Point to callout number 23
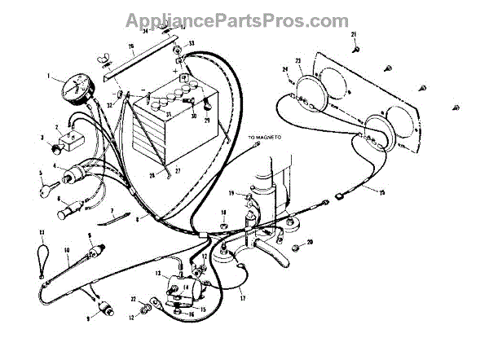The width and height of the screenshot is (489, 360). click(298, 60)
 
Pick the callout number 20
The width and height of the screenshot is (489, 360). click(309, 242)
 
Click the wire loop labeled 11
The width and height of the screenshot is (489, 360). click(41, 249)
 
